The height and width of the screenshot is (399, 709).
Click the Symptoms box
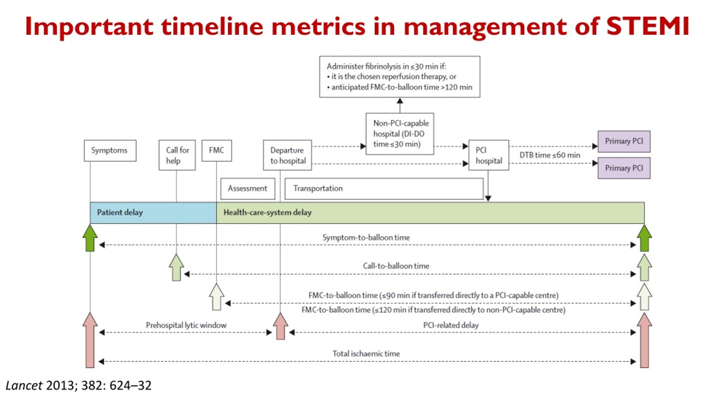(110, 150)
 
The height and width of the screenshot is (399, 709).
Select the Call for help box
(177, 155)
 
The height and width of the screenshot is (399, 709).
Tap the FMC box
(217, 150)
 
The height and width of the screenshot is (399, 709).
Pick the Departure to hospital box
(287, 155)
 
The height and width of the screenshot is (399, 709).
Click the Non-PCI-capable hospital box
(400, 134)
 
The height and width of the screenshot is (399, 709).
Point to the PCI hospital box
(489, 155)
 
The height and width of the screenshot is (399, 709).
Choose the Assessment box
(248, 189)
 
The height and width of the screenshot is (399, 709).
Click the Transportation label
(318, 188)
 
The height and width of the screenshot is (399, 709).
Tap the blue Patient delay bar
(153, 213)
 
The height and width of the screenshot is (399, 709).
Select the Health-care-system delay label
(268, 213)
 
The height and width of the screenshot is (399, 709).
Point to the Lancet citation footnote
(79, 385)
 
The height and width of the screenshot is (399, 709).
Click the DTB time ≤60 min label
(550, 155)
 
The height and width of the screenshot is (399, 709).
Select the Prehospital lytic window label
(186, 325)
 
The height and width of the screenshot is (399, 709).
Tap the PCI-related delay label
(451, 325)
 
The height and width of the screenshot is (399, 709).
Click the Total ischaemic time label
(366, 354)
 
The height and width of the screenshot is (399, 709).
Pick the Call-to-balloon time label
(396, 266)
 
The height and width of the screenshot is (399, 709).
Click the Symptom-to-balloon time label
(366, 237)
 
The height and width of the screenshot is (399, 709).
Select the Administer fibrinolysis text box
(400, 77)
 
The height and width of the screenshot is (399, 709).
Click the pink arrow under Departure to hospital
(281, 326)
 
